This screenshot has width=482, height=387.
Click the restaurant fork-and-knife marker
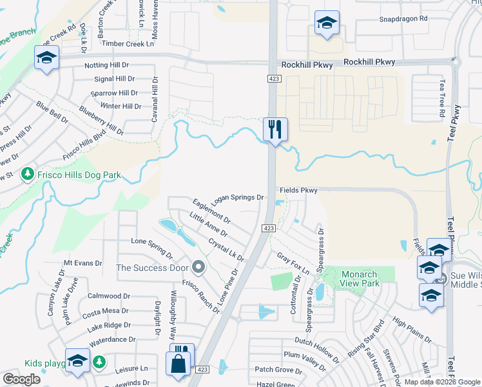coord(275,129)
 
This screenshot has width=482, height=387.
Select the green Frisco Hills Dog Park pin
coord(27,174)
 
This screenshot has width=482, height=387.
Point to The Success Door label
coord(152,267)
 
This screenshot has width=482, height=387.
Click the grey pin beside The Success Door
coord(198,267)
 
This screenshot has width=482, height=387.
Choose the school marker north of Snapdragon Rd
coord(327,23)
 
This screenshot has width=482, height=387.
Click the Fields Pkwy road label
coord(299,191)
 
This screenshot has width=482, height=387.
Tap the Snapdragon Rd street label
coord(403,19)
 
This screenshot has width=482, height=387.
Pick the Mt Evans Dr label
coord(83,263)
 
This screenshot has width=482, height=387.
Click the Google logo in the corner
coord(21,379)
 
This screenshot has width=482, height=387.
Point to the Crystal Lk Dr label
coord(226,250)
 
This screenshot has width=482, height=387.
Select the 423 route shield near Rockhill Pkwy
coord(272,78)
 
